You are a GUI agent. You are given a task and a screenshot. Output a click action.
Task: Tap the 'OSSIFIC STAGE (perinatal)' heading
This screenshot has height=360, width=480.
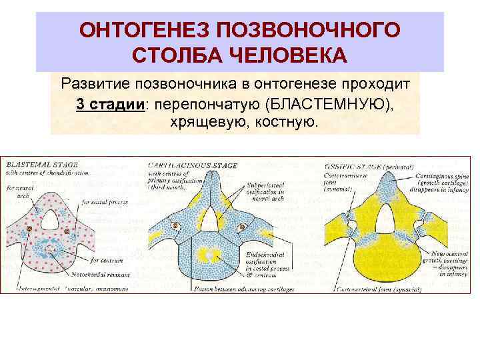[368, 164]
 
